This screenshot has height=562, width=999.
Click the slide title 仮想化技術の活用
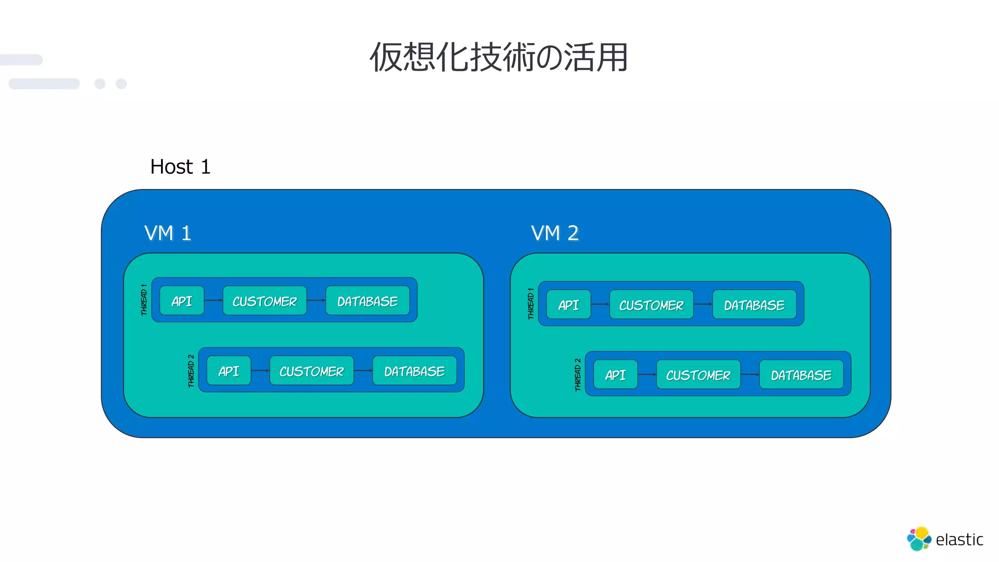[499, 57]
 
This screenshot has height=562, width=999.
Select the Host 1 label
[180, 167]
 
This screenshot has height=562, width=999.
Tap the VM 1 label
[167, 233]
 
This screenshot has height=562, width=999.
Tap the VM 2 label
[555, 233]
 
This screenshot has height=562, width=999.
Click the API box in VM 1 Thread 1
[182, 301]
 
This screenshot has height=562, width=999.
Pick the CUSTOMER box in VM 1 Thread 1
[264, 301]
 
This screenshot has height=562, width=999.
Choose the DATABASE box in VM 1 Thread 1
[367, 301]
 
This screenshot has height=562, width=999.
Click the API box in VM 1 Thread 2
[229, 371]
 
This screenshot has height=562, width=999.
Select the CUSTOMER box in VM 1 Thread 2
[311, 371]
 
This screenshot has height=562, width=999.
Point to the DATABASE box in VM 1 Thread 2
[414, 371]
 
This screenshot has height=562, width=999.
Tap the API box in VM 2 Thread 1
[568, 305]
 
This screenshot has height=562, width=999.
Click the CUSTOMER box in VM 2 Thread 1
[651, 305]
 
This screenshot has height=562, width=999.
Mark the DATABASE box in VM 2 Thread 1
[754, 305]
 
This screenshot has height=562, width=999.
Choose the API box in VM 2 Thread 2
[615, 375]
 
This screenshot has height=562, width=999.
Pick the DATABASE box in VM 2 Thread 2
[801, 375]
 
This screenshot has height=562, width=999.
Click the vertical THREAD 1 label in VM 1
[144, 300]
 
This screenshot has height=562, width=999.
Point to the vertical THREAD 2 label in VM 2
[578, 375]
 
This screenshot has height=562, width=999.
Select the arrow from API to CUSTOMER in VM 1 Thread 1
[213, 300]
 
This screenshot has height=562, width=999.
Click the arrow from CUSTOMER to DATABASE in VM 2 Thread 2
[750, 374]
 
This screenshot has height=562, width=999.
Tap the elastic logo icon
[919, 539]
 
